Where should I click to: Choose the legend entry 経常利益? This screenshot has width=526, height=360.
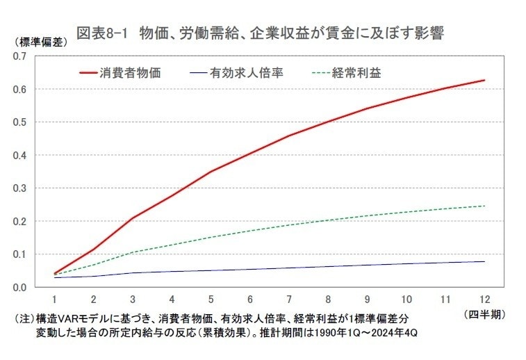pos(356,72)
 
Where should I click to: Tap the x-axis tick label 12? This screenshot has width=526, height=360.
pos(484,298)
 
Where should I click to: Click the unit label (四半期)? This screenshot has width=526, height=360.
pos(484,314)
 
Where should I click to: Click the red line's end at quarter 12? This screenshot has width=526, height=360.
pos(484,81)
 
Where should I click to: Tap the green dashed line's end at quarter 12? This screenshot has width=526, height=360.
pos(484,206)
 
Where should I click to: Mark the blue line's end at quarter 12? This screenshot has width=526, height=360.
pos(484,261)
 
